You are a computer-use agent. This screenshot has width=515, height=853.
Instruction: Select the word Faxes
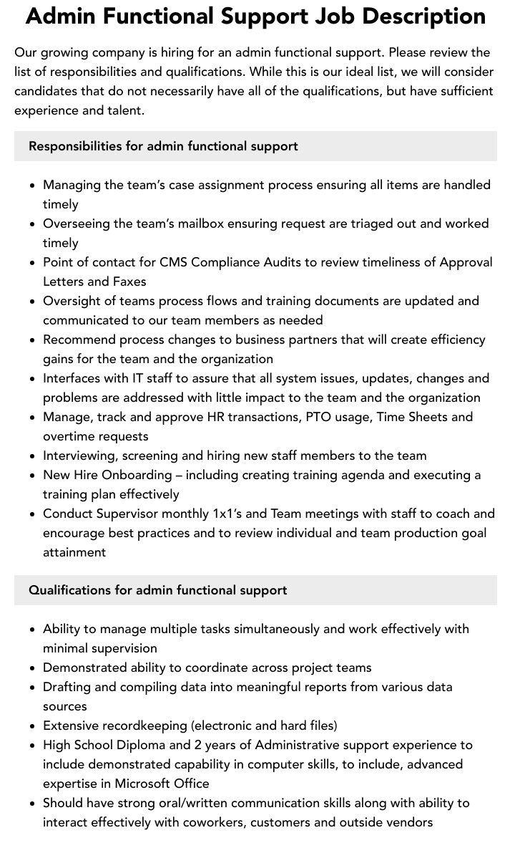point(129,281)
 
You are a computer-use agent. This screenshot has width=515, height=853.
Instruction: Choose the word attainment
point(74,552)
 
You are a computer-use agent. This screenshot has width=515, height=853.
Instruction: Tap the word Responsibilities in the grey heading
point(75,146)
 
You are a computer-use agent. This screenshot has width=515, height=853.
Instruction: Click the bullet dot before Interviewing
point(33,456)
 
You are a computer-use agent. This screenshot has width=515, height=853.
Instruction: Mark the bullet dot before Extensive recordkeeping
point(33,726)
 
